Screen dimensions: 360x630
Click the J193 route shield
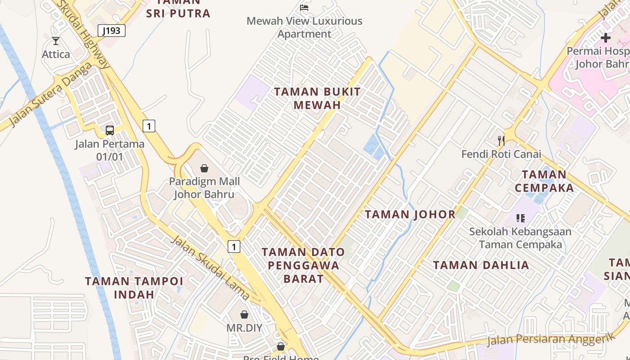click(111, 31)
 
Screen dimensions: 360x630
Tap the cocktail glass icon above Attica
click(56, 41)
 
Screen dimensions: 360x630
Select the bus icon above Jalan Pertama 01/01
click(110, 130)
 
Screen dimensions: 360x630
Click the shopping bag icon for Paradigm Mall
click(204, 168)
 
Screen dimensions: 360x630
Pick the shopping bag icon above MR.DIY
click(244, 314)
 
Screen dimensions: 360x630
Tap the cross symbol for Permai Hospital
click(606, 38)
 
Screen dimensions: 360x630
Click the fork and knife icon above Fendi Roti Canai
click(501, 141)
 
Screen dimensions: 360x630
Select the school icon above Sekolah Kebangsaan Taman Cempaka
click(521, 219)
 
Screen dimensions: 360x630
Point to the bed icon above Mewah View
click(304, 7)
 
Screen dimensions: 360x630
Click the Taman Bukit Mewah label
click(317, 98)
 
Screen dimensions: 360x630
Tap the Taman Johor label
click(410, 214)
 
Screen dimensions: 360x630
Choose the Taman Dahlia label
click(481, 265)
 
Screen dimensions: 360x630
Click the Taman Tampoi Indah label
click(134, 288)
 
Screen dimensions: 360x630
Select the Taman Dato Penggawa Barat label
click(303, 265)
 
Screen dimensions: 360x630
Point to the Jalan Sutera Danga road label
click(50, 94)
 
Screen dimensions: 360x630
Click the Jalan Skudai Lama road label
click(210, 267)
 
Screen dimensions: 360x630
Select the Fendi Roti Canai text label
click(501, 154)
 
